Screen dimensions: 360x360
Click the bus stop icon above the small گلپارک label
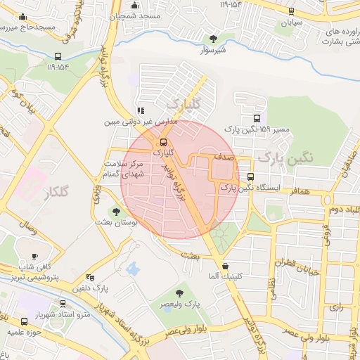click(x=164, y=141)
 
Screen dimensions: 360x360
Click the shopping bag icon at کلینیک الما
click(x=225, y=266)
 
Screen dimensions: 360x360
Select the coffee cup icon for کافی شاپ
click(x=35, y=256)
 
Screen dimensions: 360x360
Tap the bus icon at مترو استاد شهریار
click(x=64, y=304)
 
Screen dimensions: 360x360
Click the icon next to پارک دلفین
click(x=89, y=277)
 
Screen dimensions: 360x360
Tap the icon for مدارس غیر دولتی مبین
click(x=141, y=110)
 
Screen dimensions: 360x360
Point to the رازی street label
click(x=335, y=307)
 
